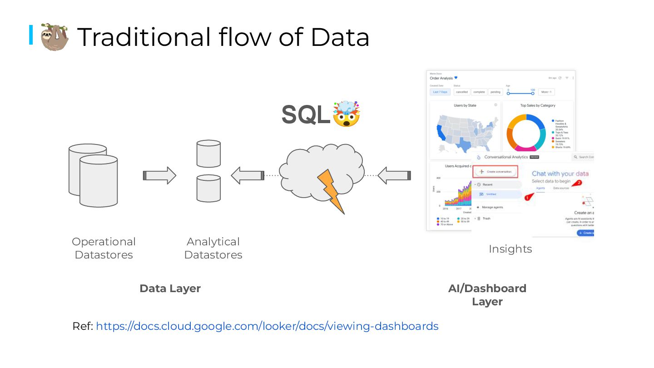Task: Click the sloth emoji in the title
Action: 54,37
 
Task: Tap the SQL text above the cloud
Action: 306,114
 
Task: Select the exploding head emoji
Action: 346,114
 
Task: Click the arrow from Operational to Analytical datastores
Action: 159,175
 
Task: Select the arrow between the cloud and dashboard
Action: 394,175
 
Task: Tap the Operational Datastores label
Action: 104,248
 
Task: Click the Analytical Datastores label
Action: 213,248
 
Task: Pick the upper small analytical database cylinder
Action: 208,154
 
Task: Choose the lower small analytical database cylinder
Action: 208,188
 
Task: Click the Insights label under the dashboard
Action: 510,249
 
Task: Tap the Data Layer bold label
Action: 170,288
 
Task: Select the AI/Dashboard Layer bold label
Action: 487,295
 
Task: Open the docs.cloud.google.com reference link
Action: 267,326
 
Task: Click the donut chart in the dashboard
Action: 525,132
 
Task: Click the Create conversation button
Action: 495,172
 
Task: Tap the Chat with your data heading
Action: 560,174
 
